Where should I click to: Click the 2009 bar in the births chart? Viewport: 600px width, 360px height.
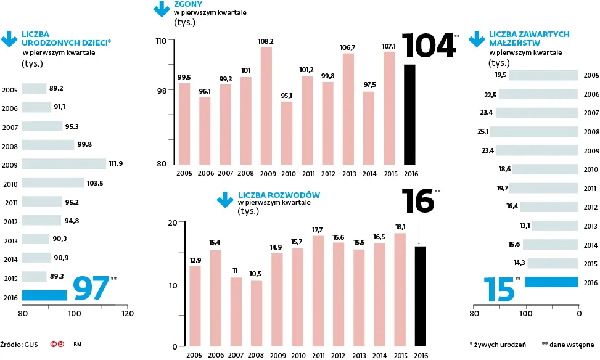click(x=64, y=164)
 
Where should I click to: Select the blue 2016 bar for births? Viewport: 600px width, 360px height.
click(x=44, y=295)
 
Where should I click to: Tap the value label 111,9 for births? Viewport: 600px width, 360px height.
click(x=117, y=164)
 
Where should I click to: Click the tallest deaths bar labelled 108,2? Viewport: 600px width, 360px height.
click(x=266, y=105)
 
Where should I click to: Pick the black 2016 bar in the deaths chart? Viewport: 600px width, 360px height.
click(x=409, y=115)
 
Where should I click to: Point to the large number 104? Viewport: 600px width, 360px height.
click(x=427, y=46)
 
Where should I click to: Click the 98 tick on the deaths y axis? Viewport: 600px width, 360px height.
click(x=161, y=91)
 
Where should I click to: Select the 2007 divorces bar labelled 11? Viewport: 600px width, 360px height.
click(x=236, y=312)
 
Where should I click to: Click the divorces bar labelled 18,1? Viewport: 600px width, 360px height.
click(x=400, y=290)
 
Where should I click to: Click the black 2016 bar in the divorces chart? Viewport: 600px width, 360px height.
click(x=421, y=297)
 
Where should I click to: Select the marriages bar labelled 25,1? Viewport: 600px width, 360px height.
click(x=534, y=131)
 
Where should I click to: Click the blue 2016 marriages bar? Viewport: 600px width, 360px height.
click(x=553, y=282)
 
